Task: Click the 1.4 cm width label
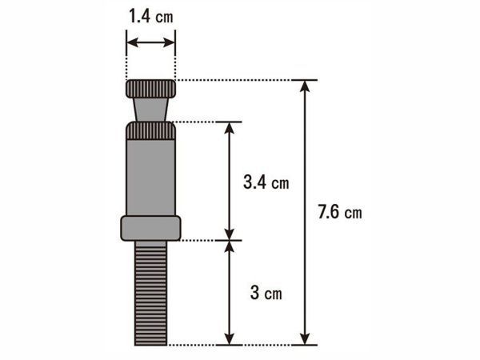[x=151, y=16]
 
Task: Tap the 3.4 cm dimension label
[x=266, y=182]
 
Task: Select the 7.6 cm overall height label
[x=340, y=211]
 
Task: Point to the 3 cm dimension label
[x=266, y=292]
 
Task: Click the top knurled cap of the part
[x=150, y=89]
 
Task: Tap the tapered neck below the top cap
[x=150, y=110]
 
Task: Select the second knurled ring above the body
[x=150, y=130]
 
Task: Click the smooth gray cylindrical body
[x=150, y=178]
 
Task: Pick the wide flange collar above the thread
[x=150, y=228]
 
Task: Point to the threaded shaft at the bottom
[x=151, y=293]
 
